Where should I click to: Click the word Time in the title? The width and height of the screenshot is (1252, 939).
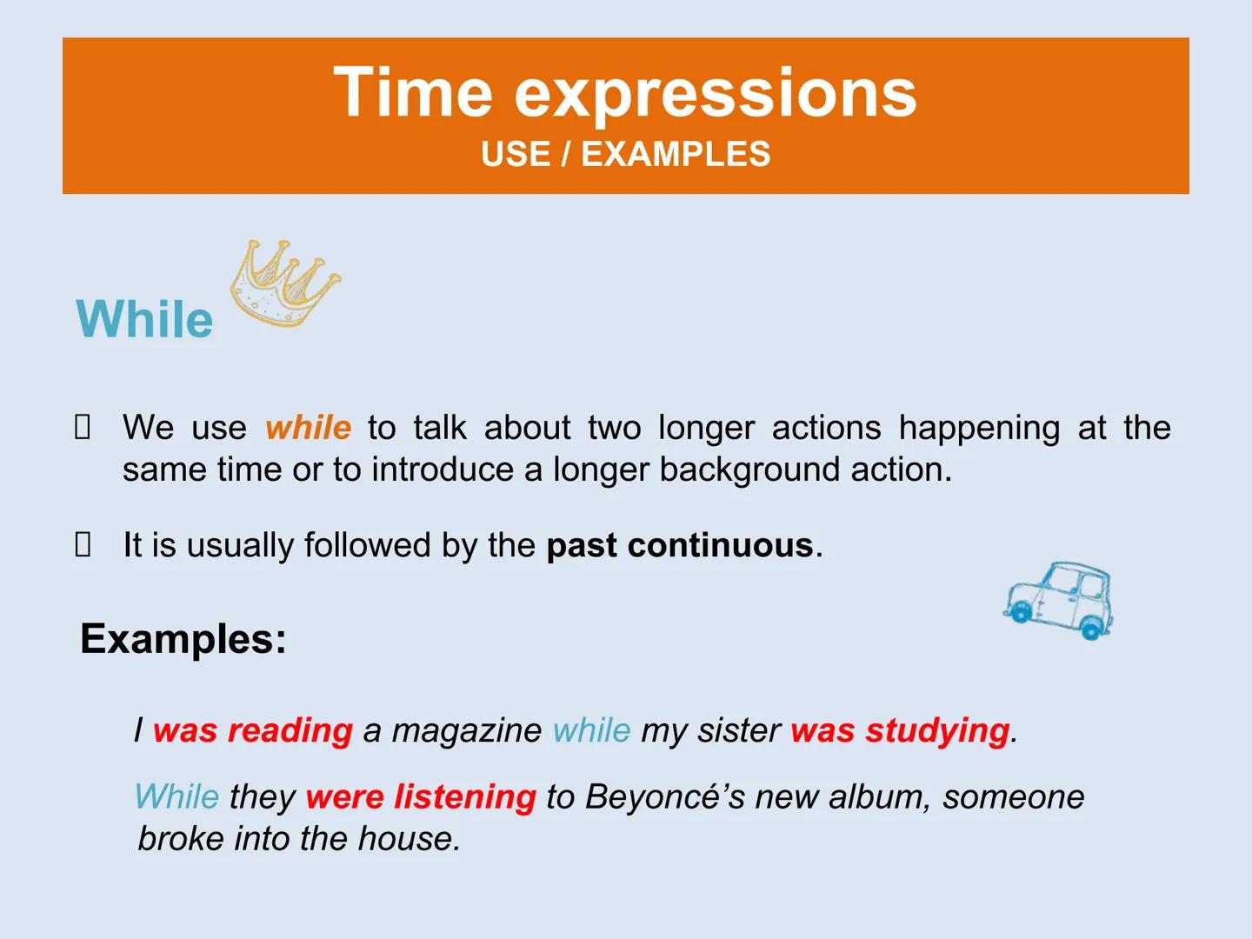click(x=413, y=91)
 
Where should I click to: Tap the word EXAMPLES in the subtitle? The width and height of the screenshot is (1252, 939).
click(x=676, y=154)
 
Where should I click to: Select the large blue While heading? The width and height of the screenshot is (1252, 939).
click(x=144, y=318)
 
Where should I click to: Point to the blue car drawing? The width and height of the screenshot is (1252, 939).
click(x=1059, y=600)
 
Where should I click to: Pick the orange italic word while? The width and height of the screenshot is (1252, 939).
click(x=308, y=428)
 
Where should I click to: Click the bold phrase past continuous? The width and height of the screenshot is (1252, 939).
click(x=680, y=545)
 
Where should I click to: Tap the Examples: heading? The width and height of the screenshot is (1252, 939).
click(x=183, y=638)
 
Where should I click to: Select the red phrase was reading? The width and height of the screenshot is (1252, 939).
click(x=253, y=730)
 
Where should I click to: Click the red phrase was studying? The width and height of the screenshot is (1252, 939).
click(x=901, y=730)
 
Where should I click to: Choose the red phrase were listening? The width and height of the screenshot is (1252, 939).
click(x=421, y=796)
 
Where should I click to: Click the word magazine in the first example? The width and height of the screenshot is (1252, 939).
click(x=467, y=730)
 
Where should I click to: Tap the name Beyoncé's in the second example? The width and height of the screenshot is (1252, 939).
click(x=665, y=796)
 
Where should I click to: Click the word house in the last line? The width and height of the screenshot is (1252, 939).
click(x=410, y=839)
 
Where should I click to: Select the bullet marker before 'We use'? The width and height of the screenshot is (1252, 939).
click(x=83, y=427)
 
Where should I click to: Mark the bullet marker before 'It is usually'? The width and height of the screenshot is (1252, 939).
click(x=83, y=544)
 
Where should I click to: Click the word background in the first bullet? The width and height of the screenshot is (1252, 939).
click(x=749, y=470)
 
